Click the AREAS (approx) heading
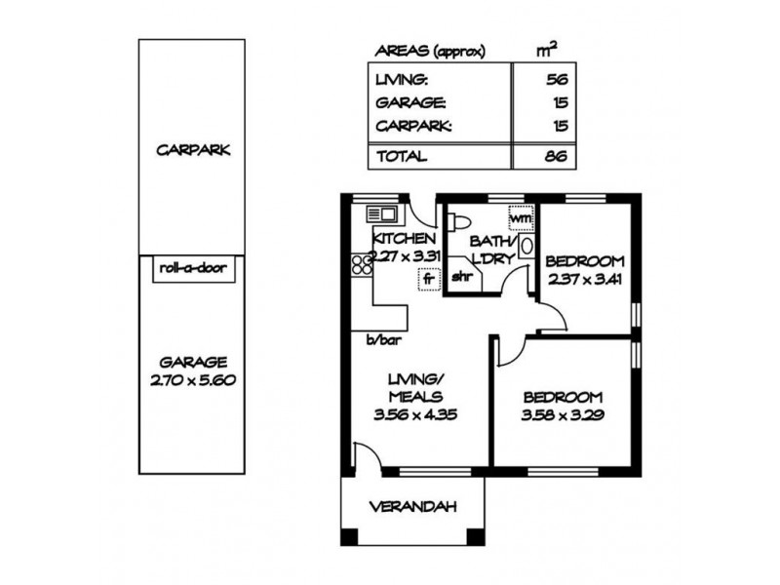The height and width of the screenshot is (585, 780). [429, 52]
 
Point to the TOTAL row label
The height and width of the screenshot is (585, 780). [401, 155]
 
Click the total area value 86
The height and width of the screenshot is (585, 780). [557, 155]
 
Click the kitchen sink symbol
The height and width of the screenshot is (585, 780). [379, 213]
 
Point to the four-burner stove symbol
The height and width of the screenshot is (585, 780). [362, 262]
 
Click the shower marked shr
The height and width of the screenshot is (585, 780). [461, 276]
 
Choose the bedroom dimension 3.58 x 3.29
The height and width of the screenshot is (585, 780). [563, 414]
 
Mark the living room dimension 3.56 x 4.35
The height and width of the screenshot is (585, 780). [416, 413]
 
